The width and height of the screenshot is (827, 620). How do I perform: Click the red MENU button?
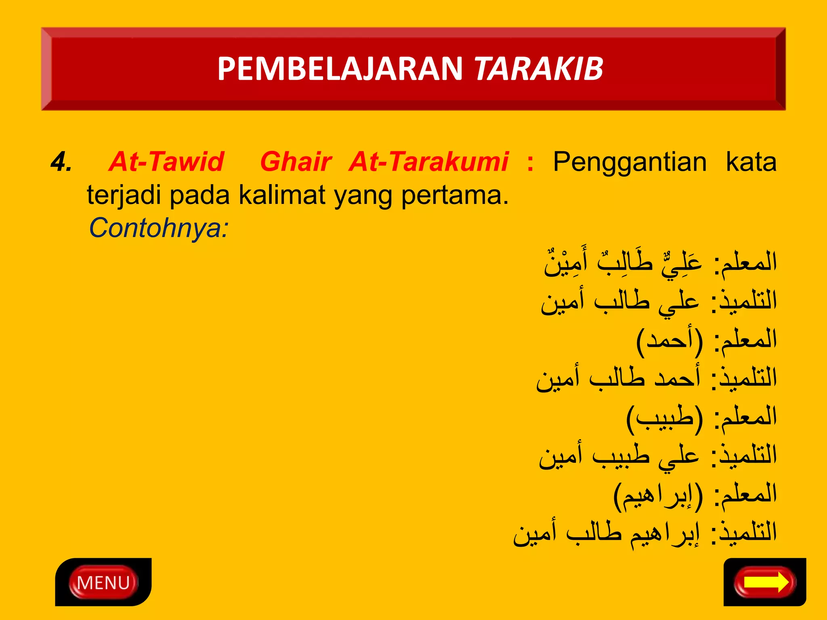point(103,582)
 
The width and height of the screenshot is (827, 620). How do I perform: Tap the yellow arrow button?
point(765,582)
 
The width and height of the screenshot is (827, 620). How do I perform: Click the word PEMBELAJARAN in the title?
point(340,69)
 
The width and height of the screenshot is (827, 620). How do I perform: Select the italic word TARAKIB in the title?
point(539,69)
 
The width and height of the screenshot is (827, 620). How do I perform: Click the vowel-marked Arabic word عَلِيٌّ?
point(682,264)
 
